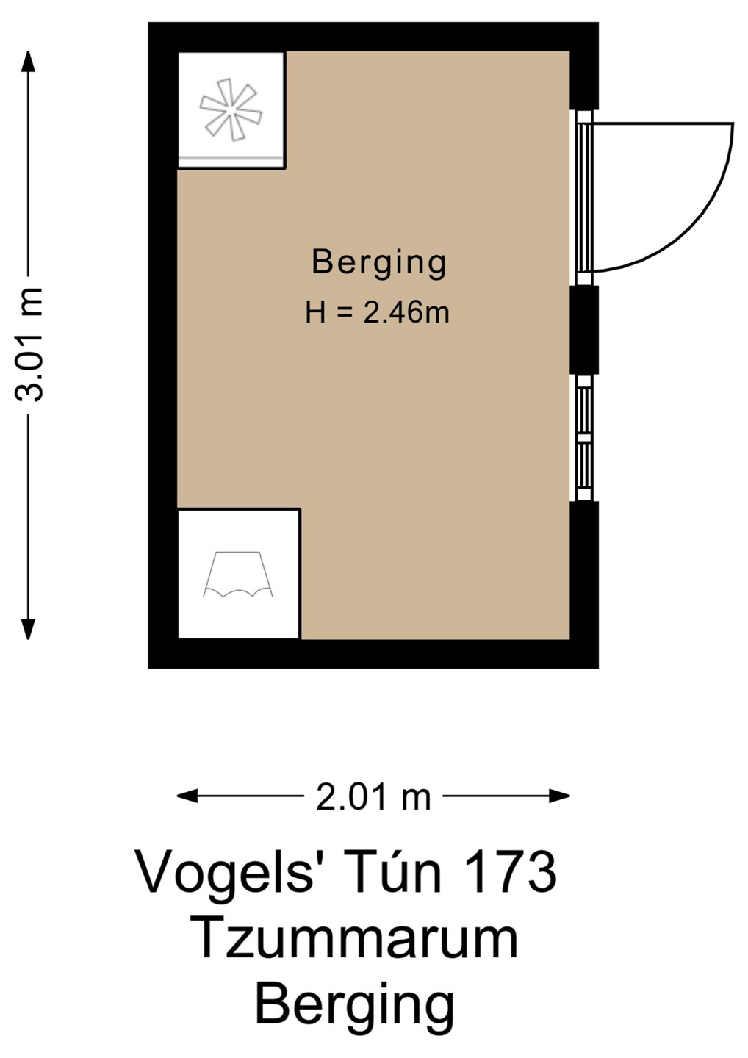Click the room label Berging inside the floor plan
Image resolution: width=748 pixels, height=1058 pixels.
378,264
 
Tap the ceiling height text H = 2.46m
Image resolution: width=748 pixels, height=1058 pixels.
377,312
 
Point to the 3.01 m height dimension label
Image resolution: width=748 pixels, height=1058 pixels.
29,345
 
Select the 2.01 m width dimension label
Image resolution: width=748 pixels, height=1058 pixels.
373,798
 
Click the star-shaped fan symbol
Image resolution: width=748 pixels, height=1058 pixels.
231,109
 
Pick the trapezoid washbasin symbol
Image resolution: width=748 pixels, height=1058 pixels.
239,575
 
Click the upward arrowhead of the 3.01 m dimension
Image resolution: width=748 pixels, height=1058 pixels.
29,62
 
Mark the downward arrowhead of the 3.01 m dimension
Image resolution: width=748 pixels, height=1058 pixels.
29,629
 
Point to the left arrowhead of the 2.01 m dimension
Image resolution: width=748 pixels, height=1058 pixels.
187,796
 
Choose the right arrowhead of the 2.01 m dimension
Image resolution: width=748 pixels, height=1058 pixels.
559,796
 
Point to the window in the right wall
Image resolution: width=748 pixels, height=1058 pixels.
585,437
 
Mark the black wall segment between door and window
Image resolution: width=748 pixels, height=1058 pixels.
585,330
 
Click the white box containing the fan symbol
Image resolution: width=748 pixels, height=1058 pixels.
231,109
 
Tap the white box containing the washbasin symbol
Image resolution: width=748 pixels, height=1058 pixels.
239,575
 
